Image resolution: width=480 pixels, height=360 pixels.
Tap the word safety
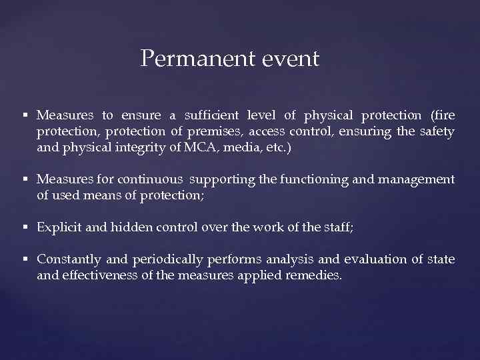click(x=437, y=131)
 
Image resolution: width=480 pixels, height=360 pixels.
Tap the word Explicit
click(x=60, y=227)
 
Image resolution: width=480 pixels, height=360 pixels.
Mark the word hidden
click(x=131, y=227)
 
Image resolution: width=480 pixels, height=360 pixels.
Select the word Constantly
click(x=69, y=259)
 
